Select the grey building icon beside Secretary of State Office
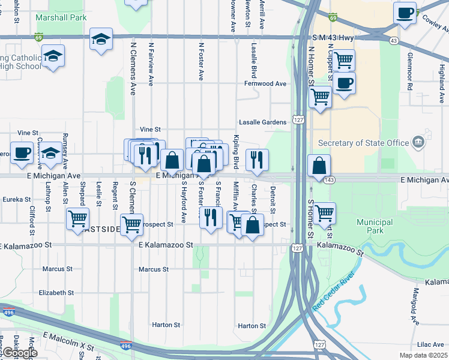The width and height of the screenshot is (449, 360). coord(420,143)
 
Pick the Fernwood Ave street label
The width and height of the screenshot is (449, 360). coord(265,84)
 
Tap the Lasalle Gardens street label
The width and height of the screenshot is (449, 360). coord(263,122)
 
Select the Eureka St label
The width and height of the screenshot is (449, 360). coord(16,199)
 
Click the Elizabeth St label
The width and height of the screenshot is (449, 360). coord(56,293)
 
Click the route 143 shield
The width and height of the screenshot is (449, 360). coord(329,180)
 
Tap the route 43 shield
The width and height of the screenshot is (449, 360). coord(394,40)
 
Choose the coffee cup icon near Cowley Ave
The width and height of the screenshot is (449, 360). coord(405,13)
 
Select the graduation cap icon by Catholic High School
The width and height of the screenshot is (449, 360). coord(53,56)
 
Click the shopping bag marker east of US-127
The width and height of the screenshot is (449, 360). coord(319,166)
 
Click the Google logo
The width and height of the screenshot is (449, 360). coord(19,353)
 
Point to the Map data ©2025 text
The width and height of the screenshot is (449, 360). coord(423,355)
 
